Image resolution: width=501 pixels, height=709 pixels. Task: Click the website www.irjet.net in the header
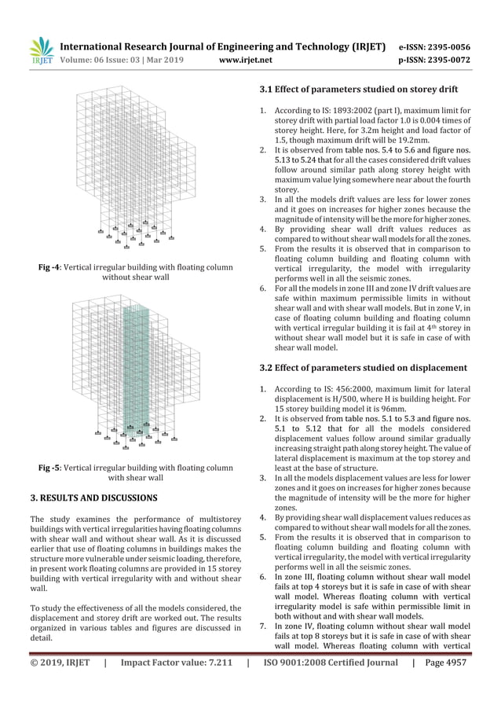247,58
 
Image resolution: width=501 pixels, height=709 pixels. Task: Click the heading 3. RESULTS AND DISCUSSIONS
93,498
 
